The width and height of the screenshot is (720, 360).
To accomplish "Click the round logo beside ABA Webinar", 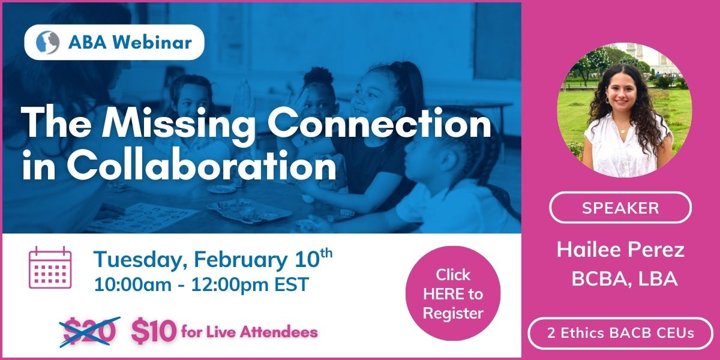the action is tap(47, 42).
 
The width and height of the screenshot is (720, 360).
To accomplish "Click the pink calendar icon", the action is tap(50, 268).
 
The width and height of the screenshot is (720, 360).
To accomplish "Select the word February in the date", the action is tap(241, 260).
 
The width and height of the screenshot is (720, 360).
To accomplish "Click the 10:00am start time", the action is tap(133, 284).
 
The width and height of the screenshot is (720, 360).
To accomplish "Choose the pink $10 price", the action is tap(154, 331).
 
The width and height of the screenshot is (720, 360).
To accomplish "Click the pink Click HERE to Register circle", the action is tap(453, 293).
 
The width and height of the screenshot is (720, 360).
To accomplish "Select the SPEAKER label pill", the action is tap(620, 208).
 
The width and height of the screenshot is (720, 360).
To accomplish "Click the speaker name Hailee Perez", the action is tap(620, 250).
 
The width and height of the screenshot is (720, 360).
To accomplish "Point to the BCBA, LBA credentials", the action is tap(624, 278).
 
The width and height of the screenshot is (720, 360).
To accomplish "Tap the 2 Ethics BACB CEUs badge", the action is tap(620, 333).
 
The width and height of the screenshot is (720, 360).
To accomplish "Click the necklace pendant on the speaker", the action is tap(623, 131).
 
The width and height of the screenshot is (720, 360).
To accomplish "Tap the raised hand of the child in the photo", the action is tap(244, 97).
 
